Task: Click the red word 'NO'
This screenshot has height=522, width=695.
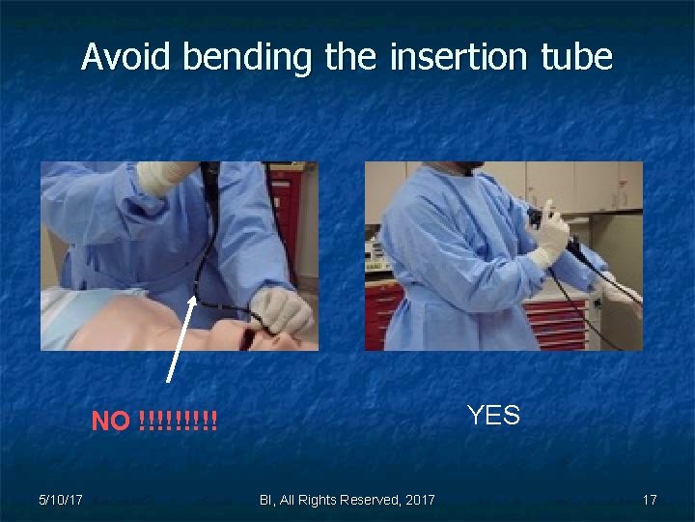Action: click(x=110, y=421)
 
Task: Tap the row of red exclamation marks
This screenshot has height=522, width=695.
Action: click(x=179, y=421)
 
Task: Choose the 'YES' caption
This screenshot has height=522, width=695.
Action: click(x=493, y=416)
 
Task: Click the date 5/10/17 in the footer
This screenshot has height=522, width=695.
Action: click(x=60, y=500)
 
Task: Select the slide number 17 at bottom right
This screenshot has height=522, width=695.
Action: click(x=650, y=500)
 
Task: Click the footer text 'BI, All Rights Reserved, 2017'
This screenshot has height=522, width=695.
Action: click(x=347, y=500)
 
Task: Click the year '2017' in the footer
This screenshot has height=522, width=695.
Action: click(x=417, y=500)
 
